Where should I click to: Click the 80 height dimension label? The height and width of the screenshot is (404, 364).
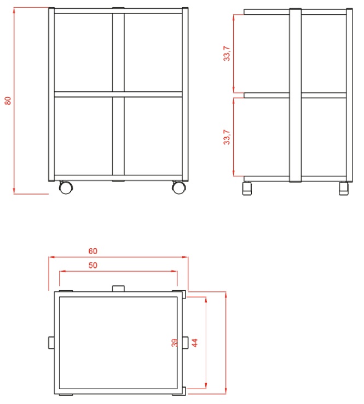coord(8,101)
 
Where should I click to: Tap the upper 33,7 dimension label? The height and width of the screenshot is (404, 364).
coord(227,54)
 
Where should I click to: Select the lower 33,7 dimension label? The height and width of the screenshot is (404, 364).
coord(227,137)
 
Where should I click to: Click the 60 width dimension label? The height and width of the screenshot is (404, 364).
coord(93,251)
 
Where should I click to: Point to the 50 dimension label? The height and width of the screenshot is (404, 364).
coord(93,265)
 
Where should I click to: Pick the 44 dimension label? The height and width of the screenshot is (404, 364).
coord(194,343)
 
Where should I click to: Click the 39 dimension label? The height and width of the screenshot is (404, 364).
coord(175,343)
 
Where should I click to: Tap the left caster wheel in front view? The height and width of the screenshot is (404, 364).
coord(66,187)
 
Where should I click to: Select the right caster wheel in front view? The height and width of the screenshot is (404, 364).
coord(179,187)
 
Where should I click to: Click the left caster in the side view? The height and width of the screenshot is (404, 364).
coord(247,189)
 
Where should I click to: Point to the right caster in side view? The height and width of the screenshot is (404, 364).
coord(344,189)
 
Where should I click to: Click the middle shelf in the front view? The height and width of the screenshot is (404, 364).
coord(118,94)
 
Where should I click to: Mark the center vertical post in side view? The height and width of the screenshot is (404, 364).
coord(296,95)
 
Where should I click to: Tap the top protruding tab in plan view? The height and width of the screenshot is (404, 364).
coord(118,288)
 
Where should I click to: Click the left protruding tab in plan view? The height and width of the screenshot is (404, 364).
coord(51,343)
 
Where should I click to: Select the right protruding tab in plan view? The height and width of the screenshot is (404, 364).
coord(186,343)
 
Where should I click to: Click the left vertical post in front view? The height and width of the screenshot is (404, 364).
coord(51,94)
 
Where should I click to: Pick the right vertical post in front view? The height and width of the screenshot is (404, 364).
coord(185,94)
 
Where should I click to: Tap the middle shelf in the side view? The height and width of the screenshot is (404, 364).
coord(295,95)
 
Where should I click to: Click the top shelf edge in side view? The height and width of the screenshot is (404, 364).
coord(295,12)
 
